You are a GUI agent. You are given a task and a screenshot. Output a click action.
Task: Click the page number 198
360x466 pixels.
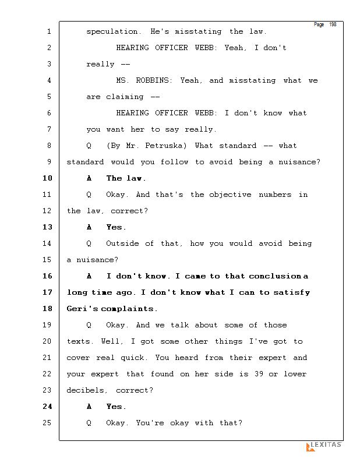(x=333, y=24)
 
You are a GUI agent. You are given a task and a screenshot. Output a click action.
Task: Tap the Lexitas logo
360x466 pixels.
(x=324, y=446)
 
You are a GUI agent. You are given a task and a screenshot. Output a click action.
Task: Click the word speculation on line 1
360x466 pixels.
(x=112, y=31)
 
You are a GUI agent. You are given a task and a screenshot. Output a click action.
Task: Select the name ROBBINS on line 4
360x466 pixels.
(x=153, y=80)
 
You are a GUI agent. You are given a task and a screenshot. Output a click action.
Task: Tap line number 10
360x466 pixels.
(x=48, y=178)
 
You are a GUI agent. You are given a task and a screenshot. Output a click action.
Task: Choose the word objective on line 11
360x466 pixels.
(x=230, y=195)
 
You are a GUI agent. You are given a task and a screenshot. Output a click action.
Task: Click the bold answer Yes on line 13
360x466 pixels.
(x=114, y=227)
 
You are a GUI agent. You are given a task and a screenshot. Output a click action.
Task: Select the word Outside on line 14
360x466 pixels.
(x=122, y=243)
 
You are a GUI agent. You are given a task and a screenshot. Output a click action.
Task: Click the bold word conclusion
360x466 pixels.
(x=275, y=276)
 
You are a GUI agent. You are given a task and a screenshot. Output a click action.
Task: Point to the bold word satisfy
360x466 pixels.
(x=292, y=293)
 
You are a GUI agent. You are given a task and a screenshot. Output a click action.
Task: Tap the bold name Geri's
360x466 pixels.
(x=82, y=309)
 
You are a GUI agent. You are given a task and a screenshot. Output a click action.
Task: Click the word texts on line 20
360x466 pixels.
(x=78, y=341)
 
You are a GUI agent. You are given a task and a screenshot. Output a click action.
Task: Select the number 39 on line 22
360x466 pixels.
(x=259, y=373)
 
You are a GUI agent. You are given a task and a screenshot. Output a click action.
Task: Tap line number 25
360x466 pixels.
(x=48, y=423)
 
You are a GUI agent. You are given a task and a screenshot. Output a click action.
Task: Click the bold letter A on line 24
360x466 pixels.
(x=89, y=407)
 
